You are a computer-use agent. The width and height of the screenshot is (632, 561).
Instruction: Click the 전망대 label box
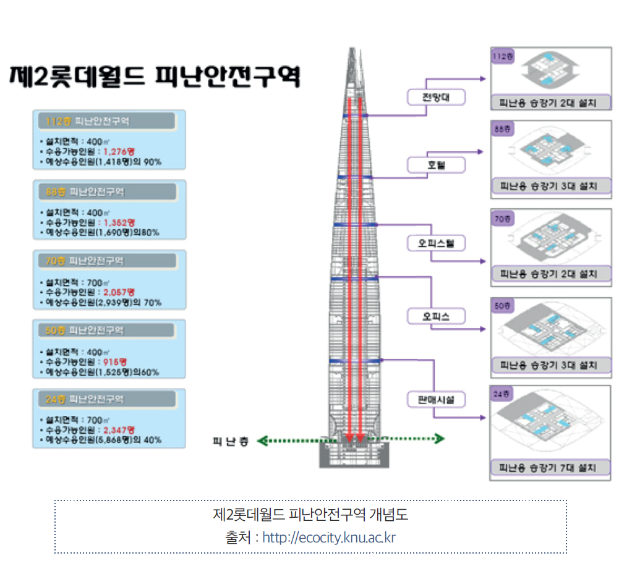tap(435, 98)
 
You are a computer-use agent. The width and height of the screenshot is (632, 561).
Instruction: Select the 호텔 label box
tap(435, 165)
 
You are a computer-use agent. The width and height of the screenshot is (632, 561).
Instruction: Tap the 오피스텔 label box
tap(435, 243)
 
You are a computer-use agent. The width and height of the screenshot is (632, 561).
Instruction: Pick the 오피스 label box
tap(435, 316)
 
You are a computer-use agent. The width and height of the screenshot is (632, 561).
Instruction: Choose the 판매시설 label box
tap(435, 400)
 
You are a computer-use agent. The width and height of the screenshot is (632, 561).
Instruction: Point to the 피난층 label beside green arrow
tap(230, 441)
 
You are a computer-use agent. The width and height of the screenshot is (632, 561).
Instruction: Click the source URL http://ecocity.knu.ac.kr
tap(328, 537)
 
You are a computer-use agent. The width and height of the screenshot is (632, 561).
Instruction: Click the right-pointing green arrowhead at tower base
tap(440, 439)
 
